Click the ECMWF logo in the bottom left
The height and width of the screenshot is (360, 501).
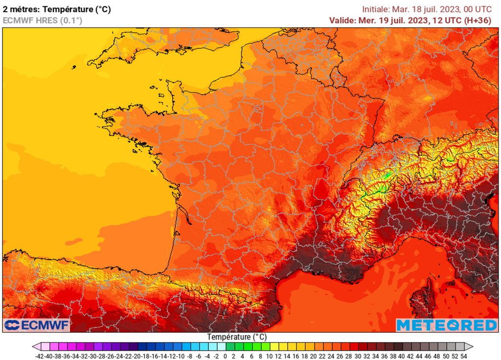tap(37, 325)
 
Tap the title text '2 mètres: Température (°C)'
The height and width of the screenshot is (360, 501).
tap(57, 9)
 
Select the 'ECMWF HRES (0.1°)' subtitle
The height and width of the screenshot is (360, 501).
tap(43, 20)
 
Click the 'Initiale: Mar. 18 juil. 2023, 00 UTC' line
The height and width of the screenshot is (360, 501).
tap(427, 9)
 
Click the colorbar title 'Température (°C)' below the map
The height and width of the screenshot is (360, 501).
tap(237, 337)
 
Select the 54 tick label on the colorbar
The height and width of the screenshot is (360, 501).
tap(463, 356)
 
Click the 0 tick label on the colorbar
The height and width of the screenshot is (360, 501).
tap(225, 356)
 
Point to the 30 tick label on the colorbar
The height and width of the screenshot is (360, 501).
tap(357, 356)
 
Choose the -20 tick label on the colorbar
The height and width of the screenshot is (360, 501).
tap(137, 356)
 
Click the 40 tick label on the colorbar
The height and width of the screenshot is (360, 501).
tap(401, 356)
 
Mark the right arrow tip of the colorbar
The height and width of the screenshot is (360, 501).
tap(473, 346)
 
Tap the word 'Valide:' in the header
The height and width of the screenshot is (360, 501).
tap(342, 20)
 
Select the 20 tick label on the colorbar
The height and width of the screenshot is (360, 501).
tap(313, 356)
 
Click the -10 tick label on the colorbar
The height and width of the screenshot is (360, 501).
tap(181, 356)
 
